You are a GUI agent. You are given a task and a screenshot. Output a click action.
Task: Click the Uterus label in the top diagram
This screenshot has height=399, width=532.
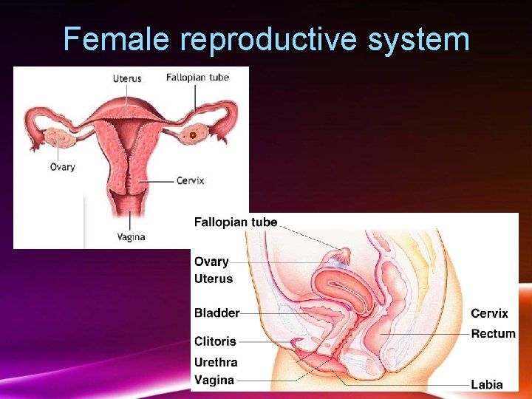(126, 78)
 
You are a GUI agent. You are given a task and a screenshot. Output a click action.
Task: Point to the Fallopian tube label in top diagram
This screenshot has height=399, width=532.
(197, 77)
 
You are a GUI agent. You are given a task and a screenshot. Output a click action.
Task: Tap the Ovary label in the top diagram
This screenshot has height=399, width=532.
(62, 167)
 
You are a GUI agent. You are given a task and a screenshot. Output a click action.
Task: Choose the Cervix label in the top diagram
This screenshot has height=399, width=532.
(190, 180)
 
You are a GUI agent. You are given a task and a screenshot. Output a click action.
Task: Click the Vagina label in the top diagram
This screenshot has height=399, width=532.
(131, 237)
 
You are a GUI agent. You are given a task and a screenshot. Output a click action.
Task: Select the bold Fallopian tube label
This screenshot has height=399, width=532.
(236, 222)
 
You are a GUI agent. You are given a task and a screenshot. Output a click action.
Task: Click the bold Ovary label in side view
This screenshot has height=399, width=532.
(211, 262)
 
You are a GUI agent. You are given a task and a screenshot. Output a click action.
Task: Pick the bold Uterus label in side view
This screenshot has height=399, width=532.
(214, 279)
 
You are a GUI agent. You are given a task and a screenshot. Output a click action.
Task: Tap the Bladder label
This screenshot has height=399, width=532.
(216, 313)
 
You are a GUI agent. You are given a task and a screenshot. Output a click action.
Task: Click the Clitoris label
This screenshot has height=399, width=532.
(215, 341)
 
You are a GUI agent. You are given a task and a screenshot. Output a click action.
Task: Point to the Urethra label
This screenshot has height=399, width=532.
(216, 362)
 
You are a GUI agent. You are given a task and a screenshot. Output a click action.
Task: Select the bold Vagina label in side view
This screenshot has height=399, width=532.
(214, 380)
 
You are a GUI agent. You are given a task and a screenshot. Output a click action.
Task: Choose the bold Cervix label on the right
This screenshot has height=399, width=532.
(489, 313)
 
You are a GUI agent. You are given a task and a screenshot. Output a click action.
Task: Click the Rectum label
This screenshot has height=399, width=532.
(493, 333)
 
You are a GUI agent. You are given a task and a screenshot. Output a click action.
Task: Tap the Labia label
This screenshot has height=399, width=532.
(487, 384)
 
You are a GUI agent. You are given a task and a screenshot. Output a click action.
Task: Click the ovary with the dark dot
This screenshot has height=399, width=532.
(193, 135)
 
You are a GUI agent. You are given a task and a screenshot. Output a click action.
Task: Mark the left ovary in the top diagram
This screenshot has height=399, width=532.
(56, 137)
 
